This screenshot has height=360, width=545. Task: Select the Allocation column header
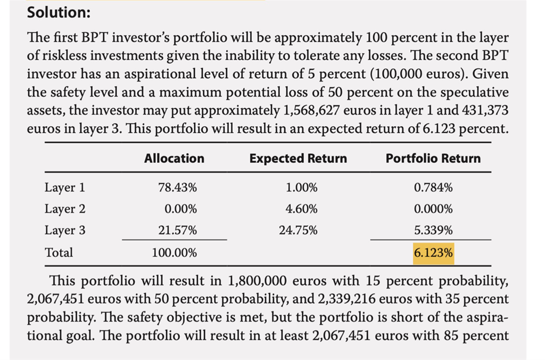[174, 158]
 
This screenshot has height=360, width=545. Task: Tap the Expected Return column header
[298, 158]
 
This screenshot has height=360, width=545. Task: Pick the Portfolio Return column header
[433, 158]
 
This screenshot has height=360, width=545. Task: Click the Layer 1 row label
[64, 187]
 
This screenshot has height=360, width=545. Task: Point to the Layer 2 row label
[64, 209]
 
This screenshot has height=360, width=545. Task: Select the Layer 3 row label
[64, 230]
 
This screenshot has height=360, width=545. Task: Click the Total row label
[59, 252]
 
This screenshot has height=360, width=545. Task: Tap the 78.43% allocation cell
[177, 187]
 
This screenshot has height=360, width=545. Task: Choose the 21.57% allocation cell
[177, 230]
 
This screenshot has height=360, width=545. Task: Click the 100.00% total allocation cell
[174, 252]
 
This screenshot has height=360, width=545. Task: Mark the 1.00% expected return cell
[301, 187]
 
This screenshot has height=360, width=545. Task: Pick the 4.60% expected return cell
[301, 209]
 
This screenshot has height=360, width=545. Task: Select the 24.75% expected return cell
[298, 230]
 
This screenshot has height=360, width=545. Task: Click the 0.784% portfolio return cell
[433, 187]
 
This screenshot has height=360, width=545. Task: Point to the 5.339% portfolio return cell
[433, 230]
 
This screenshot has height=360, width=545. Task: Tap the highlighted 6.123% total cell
[433, 252]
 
